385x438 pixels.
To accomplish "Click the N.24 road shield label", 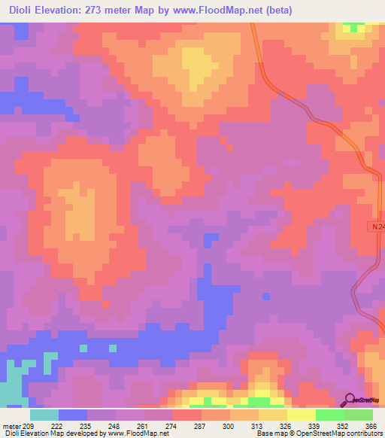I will [377, 226].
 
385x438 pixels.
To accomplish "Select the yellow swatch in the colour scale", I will [302, 415].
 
